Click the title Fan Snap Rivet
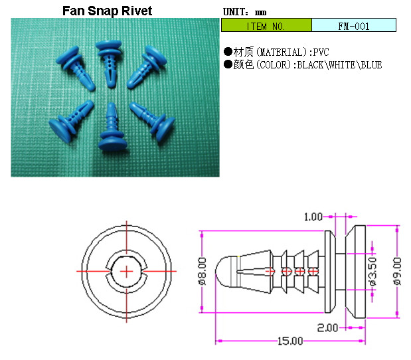(107, 11)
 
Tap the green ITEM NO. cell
(266, 25)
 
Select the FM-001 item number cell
(354, 25)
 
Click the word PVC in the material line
(321, 52)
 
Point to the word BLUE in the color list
(371, 65)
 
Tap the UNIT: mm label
(244, 12)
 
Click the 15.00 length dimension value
(290, 341)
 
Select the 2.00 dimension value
(327, 327)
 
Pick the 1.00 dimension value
(313, 217)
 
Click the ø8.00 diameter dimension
(203, 271)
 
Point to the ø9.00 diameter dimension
(397, 271)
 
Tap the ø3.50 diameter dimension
(372, 271)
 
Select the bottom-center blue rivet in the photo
(112, 127)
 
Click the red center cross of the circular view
(126, 272)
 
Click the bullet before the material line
(228, 52)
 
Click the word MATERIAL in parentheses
(281, 52)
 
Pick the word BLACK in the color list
(310, 65)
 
